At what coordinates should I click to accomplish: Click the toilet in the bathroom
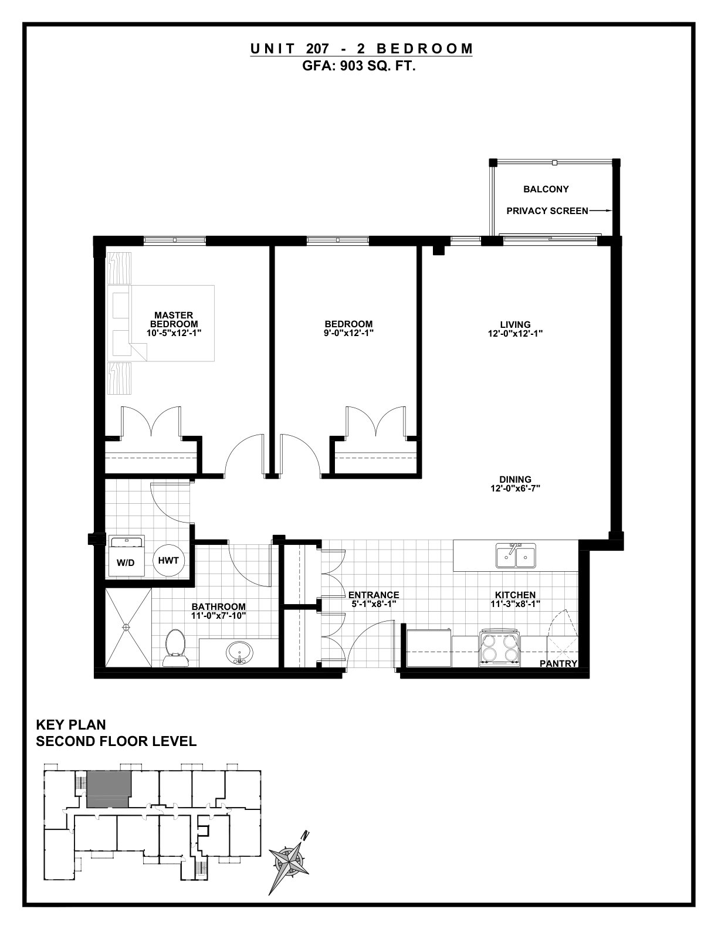tap(175, 647)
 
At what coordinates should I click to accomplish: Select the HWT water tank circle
tap(168, 561)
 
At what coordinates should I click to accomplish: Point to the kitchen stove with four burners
tap(500, 648)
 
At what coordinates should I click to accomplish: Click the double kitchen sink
tap(516, 556)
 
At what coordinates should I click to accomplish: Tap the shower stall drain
tap(126, 627)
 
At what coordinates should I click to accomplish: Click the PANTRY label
tap(558, 663)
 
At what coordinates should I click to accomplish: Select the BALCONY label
tap(546, 189)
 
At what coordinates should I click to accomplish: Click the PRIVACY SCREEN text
tap(547, 211)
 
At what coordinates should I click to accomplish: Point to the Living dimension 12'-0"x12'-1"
tap(515, 334)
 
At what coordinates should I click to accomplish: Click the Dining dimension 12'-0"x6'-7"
tap(515, 489)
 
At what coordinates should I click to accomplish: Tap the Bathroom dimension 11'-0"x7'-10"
tap(219, 616)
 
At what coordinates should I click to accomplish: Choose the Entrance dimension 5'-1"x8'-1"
tap(373, 604)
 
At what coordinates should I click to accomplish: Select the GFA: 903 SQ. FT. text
tap(359, 66)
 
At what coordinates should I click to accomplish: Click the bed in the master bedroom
tap(161, 323)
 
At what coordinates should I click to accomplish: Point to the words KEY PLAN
tap(71, 725)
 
